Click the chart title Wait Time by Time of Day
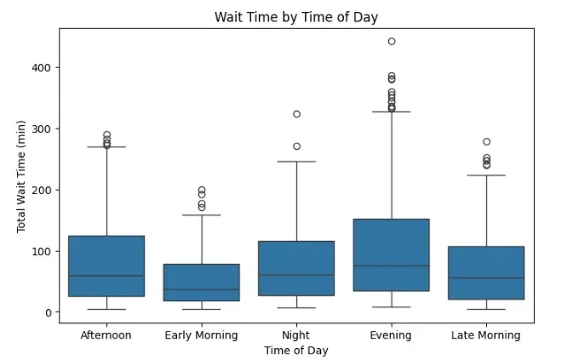point(296,17)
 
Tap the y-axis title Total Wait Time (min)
point(21,176)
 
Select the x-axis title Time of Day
point(296,350)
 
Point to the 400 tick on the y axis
point(42,68)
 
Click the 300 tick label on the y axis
point(42,129)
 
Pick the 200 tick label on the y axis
point(42,191)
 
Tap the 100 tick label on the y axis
point(42,251)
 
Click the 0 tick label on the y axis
point(49,312)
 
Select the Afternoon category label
point(106,334)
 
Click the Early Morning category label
point(201,335)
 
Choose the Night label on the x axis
point(296,335)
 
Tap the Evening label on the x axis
point(391,335)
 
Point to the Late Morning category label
point(486,335)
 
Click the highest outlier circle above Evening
point(392,41)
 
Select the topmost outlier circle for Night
point(297,114)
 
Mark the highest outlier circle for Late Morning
point(487,141)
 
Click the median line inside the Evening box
point(392,266)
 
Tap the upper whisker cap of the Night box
point(296,162)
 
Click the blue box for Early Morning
point(202,283)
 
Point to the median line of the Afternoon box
point(106,275)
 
